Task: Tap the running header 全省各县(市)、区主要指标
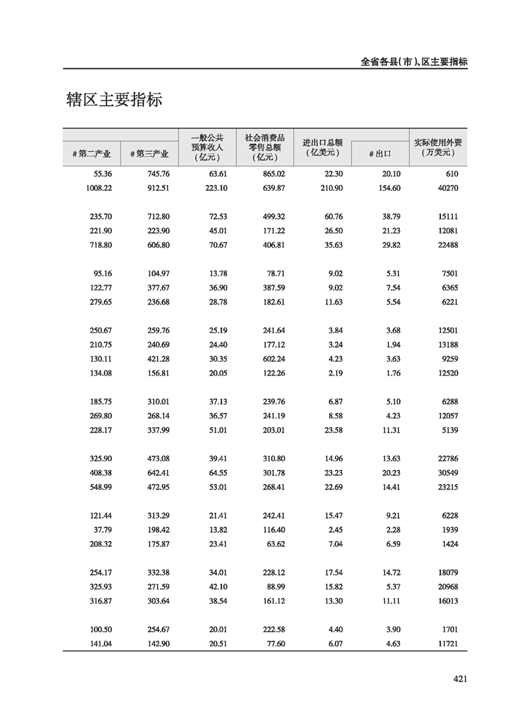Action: tap(413, 62)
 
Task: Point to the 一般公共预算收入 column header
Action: tap(208, 147)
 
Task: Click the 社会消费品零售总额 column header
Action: tap(264, 147)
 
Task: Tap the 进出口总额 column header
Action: tap(322, 147)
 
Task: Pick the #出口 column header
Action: tap(380, 154)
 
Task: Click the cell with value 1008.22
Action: tap(100, 188)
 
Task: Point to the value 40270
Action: tap(445, 188)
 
